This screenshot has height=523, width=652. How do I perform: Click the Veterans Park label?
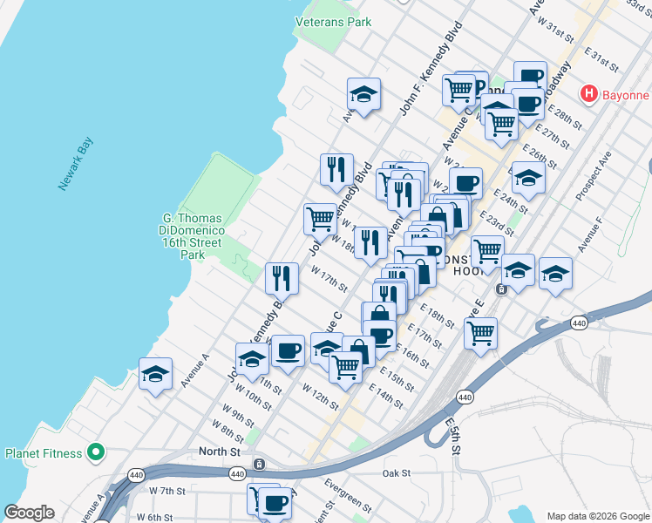coord(333,22)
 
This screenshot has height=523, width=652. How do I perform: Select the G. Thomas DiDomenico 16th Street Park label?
coord(194,236)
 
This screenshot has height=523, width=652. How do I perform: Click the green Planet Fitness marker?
coord(97,453)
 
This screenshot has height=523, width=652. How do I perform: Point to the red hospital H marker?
coord(589,93)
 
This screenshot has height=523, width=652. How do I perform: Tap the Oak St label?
coord(396,473)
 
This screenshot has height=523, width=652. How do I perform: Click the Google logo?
coord(30,513)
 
